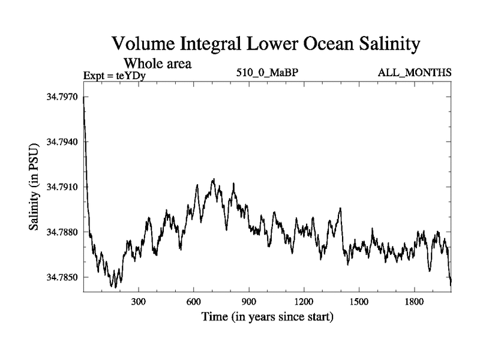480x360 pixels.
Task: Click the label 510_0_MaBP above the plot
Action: pos(266,73)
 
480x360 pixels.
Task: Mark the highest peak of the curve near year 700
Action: pos(213,179)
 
